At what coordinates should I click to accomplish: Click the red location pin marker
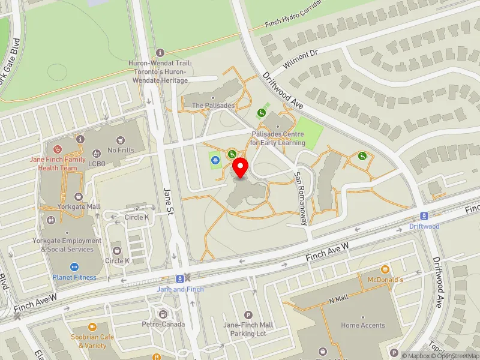(241, 167)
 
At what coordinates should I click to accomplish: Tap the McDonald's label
(385, 280)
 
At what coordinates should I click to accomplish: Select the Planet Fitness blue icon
(75, 267)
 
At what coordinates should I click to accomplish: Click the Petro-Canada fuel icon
(163, 314)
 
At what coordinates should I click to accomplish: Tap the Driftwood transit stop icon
(424, 216)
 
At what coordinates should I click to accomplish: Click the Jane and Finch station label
(180, 289)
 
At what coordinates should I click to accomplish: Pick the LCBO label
(97, 163)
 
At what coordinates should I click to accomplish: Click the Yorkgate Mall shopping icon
(78, 196)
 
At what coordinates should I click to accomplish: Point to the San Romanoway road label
(300, 197)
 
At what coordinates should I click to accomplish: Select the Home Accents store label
(363, 325)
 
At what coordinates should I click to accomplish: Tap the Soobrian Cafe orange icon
(92, 327)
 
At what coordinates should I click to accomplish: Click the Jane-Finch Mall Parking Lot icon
(248, 315)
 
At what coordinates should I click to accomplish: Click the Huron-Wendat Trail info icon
(160, 53)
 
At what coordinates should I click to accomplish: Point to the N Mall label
(338, 299)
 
